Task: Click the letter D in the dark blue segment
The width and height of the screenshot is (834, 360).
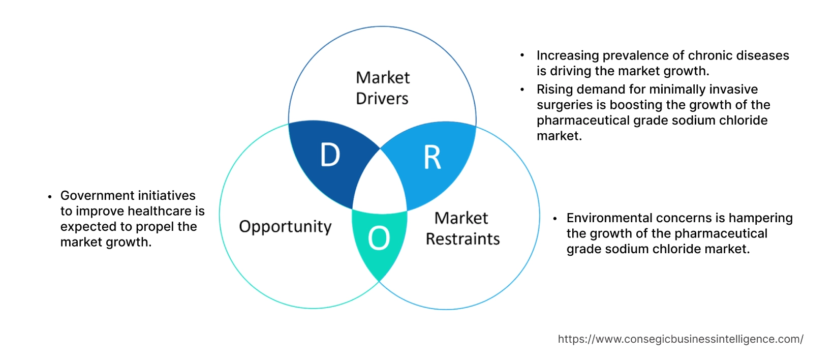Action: click(330, 155)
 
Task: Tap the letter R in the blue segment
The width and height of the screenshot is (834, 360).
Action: click(433, 158)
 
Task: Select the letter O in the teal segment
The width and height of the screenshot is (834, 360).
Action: click(379, 238)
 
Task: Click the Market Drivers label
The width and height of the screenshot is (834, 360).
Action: click(383, 88)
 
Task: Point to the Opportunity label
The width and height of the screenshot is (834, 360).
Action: click(285, 226)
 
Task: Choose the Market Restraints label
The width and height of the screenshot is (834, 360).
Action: click(462, 228)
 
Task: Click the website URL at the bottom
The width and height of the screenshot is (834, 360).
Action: click(681, 339)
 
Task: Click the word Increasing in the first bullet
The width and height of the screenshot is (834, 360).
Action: click(567, 55)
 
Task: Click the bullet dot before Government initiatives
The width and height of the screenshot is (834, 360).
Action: click(50, 196)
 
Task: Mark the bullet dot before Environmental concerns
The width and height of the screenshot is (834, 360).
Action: click(555, 219)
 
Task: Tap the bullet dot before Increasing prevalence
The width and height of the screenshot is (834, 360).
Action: click(522, 55)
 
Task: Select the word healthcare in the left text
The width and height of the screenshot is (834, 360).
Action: click(160, 211)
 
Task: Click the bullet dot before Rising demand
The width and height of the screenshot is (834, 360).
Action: click(522, 89)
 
